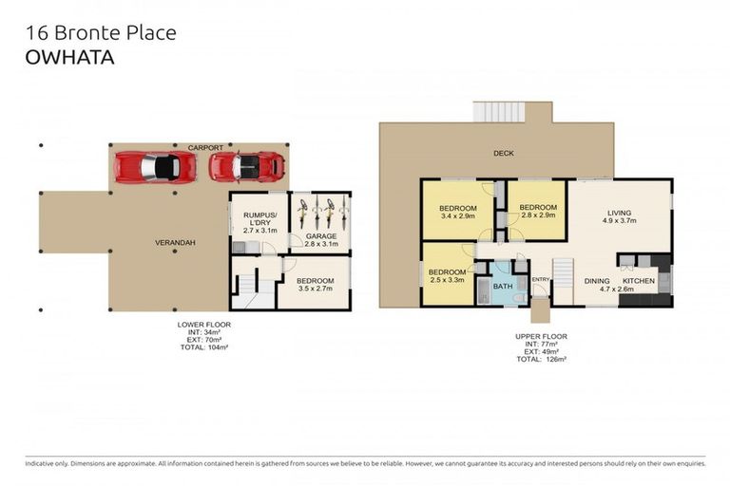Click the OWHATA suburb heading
[69, 57]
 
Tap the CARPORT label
[205, 147]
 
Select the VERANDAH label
[175, 243]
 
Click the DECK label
[503, 153]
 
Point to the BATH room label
[503, 287]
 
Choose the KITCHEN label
[639, 281]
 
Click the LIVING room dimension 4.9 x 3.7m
[619, 221]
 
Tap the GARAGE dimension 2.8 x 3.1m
[321, 244]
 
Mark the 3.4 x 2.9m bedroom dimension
[457, 215]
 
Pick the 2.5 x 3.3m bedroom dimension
[447, 280]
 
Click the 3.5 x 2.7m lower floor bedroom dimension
[316, 289]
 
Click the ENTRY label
[541, 279]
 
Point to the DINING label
[597, 281]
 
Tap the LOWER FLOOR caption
[204, 325]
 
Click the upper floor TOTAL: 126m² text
[542, 359]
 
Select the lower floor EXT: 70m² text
[204, 340]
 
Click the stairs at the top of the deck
[499, 112]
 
